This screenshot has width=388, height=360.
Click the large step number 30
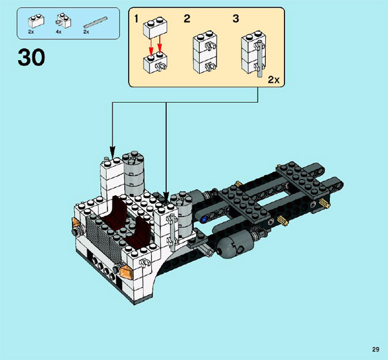pyautogui.click(x=32, y=57)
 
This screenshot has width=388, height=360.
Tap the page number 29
pyautogui.click(x=375, y=350)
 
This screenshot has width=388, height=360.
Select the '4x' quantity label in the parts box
pyautogui.click(x=58, y=32)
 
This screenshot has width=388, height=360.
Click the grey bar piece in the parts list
pyautogui.click(x=95, y=22)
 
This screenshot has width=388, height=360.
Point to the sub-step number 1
pyautogui.click(x=136, y=19)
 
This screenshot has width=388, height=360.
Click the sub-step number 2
pyautogui.click(x=187, y=19)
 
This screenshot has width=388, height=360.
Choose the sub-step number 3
pyautogui.click(x=236, y=19)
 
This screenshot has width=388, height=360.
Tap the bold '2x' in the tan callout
pyautogui.click(x=274, y=80)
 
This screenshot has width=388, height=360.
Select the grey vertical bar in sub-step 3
pyautogui.click(x=259, y=59)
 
